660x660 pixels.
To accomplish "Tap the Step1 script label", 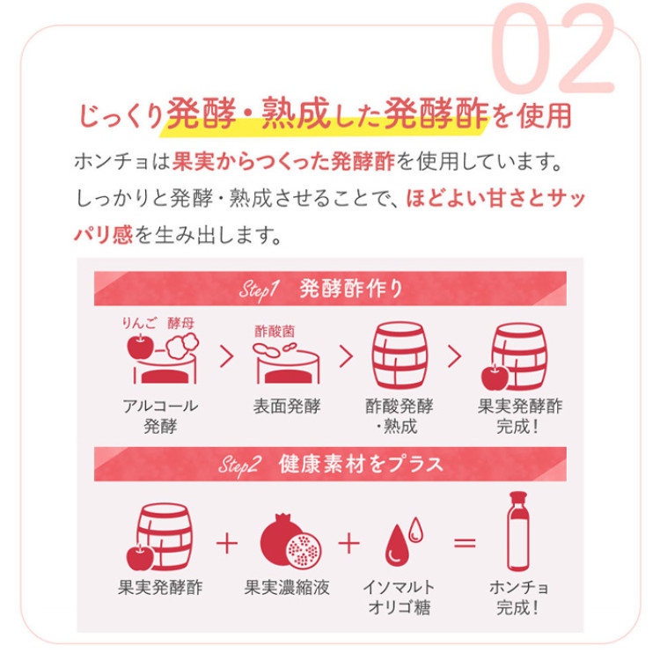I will pyautogui.click(x=259, y=289).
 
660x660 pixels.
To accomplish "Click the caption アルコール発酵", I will pyautogui.click(x=159, y=416).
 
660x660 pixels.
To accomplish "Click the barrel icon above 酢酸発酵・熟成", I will pyautogui.click(x=394, y=356).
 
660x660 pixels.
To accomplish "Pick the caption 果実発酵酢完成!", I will pyautogui.click(x=519, y=416).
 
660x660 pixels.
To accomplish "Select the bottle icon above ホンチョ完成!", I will pyautogui.click(x=518, y=532).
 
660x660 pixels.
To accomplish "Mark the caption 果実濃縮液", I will pyautogui.click(x=287, y=587).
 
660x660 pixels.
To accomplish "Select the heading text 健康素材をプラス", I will pyautogui.click(x=360, y=464).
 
